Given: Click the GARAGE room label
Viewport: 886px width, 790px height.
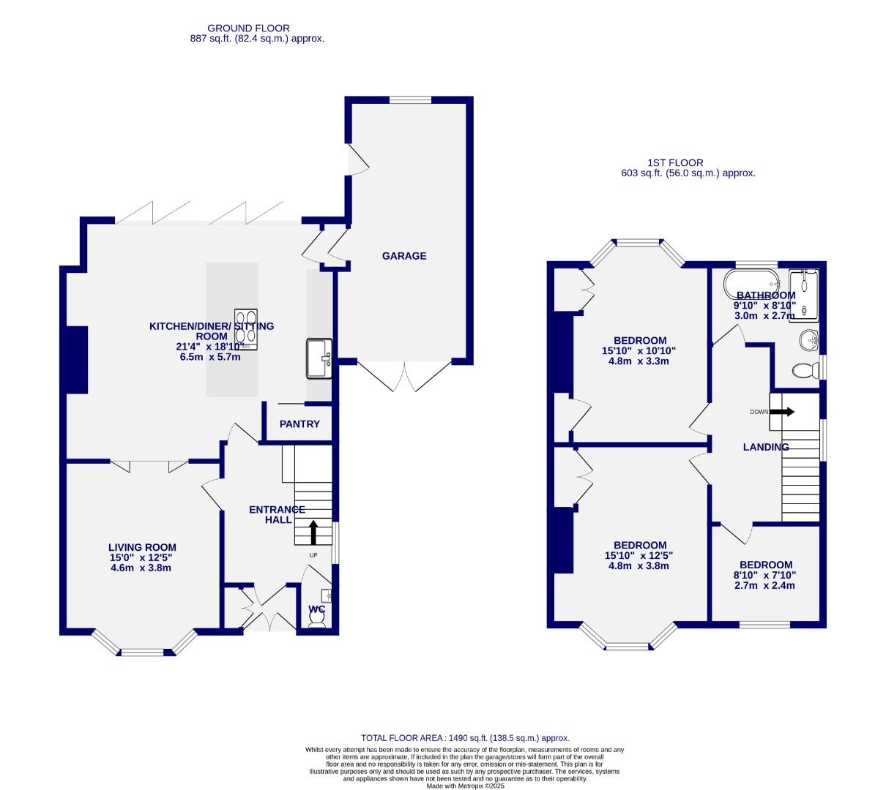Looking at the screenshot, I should coord(403,256).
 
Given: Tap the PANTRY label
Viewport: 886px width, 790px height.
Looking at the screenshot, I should coord(299,424).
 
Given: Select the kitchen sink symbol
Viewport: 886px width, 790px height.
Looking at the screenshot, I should coord(319,358).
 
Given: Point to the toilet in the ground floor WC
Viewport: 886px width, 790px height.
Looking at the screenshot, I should coord(318,618).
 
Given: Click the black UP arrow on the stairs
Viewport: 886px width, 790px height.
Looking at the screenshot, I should coord(313,533).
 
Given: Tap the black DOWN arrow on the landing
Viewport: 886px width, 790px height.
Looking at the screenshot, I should coord(781,412).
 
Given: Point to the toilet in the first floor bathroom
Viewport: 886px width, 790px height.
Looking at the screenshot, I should coord(805,371).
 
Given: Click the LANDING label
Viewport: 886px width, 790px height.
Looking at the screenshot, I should coord(766,447).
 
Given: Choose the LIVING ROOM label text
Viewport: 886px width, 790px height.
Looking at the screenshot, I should coord(142,547).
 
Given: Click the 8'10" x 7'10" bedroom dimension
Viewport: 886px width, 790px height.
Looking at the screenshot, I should coord(766,575).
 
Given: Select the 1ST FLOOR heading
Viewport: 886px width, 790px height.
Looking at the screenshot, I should coord(675,163).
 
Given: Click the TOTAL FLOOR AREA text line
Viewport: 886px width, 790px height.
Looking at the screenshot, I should coord(465,738).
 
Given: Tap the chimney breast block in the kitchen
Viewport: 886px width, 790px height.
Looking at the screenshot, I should coord(77,360).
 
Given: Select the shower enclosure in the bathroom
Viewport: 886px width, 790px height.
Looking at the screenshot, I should coord(803,293).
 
